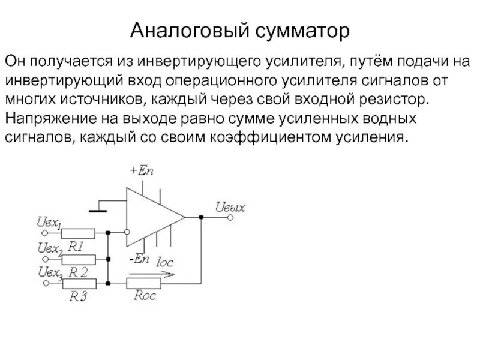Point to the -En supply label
point(139,259)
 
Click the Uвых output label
point(230,207)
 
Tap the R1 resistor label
point(76,246)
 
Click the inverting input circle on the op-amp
point(127,231)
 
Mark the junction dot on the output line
point(200,218)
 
